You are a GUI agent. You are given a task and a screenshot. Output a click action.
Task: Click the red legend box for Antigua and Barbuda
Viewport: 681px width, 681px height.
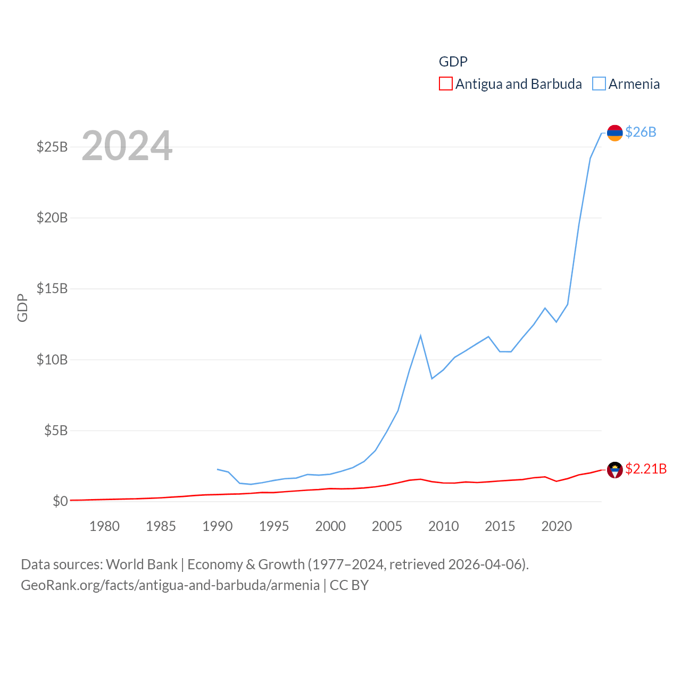coord(446,84)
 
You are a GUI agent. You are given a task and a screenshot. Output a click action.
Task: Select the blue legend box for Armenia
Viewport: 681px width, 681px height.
coord(599,84)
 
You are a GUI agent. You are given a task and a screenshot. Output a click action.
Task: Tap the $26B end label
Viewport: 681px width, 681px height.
coord(641,132)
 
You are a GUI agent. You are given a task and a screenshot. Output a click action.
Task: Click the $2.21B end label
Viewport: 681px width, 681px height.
coord(646,469)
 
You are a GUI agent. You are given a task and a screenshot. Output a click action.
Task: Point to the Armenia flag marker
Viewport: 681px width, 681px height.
coord(615,133)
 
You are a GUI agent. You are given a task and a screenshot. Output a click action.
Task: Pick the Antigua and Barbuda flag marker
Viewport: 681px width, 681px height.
coord(615,470)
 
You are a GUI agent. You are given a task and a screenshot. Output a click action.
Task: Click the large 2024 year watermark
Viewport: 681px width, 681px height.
coord(127,146)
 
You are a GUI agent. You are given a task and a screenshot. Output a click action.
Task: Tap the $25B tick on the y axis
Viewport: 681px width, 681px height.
coord(52,147)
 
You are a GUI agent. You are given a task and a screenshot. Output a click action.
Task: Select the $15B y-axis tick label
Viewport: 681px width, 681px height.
coord(52,288)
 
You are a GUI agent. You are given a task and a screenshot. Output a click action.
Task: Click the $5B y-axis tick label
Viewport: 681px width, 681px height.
coord(56,430)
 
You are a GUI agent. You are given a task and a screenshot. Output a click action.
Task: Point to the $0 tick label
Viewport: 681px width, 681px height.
coord(60,501)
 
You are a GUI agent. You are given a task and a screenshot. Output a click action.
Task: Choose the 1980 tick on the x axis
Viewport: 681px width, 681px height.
coord(104,526)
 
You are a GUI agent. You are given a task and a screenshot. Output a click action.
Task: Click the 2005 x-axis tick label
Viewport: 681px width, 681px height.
coord(387,526)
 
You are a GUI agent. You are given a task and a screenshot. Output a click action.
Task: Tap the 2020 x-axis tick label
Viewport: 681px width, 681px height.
coord(557,526)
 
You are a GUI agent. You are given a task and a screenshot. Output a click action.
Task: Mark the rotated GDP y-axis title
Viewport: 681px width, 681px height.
coord(22,308)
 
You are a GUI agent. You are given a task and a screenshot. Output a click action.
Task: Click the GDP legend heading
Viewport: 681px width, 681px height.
coord(453,62)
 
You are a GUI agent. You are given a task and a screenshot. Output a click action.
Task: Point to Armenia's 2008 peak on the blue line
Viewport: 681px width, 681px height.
coord(420,336)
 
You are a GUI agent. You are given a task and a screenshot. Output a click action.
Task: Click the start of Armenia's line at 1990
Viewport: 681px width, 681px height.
coord(218,469)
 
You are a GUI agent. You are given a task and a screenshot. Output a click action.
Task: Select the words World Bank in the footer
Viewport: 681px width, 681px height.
coord(142,564)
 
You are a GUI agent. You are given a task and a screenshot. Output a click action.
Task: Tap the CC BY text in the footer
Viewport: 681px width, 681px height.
coord(349,585)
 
